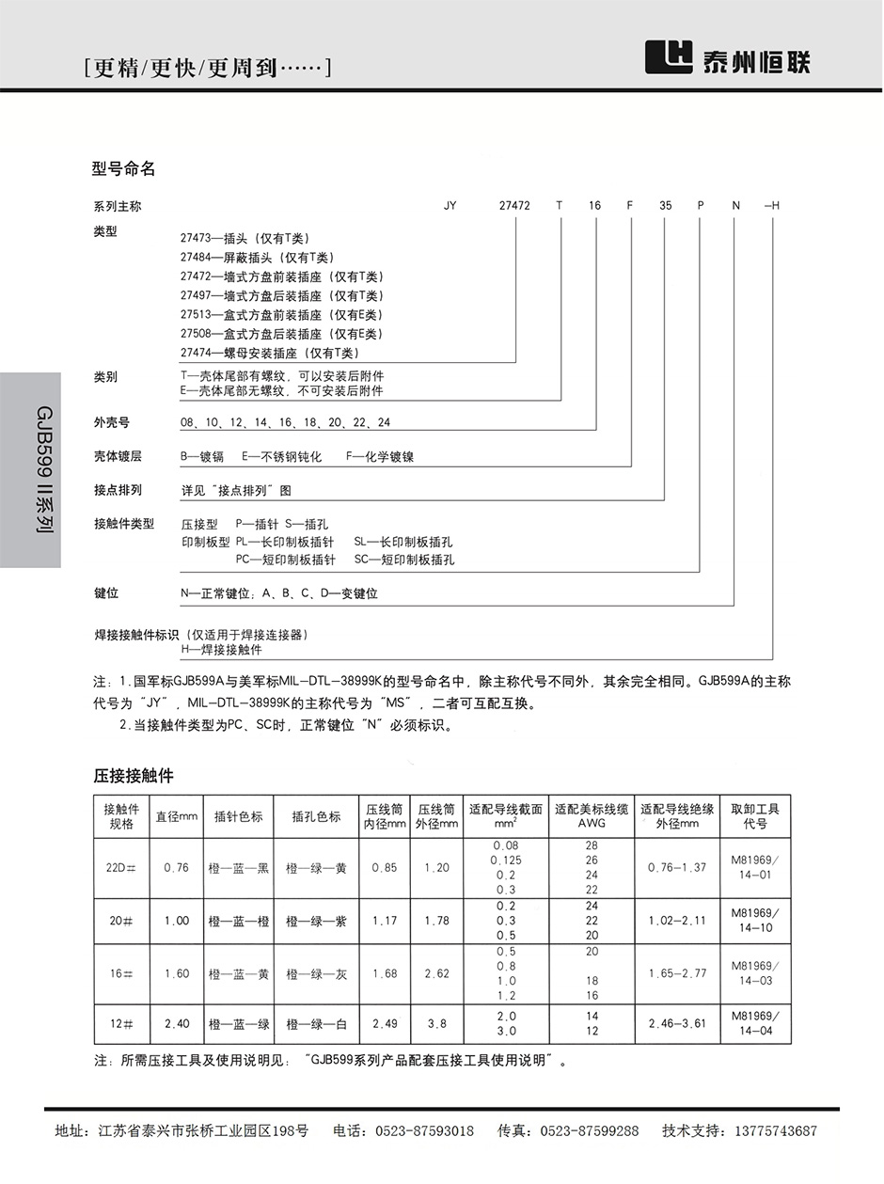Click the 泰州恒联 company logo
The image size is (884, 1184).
click(726, 59)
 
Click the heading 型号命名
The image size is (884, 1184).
click(123, 169)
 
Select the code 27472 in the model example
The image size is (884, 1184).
click(514, 205)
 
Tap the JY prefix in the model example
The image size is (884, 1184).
click(450, 205)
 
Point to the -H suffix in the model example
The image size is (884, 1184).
click(772, 205)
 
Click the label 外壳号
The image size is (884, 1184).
click(110, 422)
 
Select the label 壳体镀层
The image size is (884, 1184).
click(117, 456)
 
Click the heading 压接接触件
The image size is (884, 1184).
click(134, 776)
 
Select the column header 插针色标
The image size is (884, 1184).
click(238, 817)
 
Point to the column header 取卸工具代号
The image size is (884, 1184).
click(754, 816)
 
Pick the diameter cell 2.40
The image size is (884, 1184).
click(177, 1023)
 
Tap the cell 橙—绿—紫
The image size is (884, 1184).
click(316, 922)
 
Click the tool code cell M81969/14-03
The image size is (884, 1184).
click(754, 973)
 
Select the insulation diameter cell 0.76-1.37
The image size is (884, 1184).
click(676, 867)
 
